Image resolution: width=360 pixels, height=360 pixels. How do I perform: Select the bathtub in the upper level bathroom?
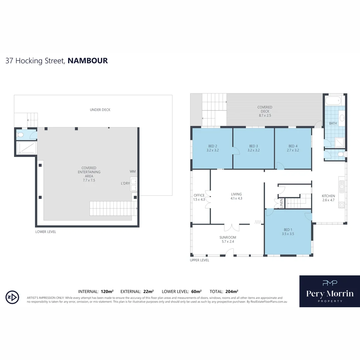pyautogui.click(x=333, y=100)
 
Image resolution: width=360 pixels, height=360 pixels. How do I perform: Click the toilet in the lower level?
pyautogui.click(x=21, y=135)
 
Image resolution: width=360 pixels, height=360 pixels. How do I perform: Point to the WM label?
pyautogui.click(x=133, y=171)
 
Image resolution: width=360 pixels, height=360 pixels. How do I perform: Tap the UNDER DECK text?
pyautogui.click(x=100, y=110)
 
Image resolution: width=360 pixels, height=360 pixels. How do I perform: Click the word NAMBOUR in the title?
pyautogui.click(x=88, y=61)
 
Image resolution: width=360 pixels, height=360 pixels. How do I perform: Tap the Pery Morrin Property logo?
pyautogui.click(x=329, y=291)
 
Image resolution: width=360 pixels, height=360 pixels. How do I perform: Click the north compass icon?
pyautogui.click(x=12, y=297)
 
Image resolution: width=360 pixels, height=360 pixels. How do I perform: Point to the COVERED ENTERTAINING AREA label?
pyautogui.click(x=89, y=172)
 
